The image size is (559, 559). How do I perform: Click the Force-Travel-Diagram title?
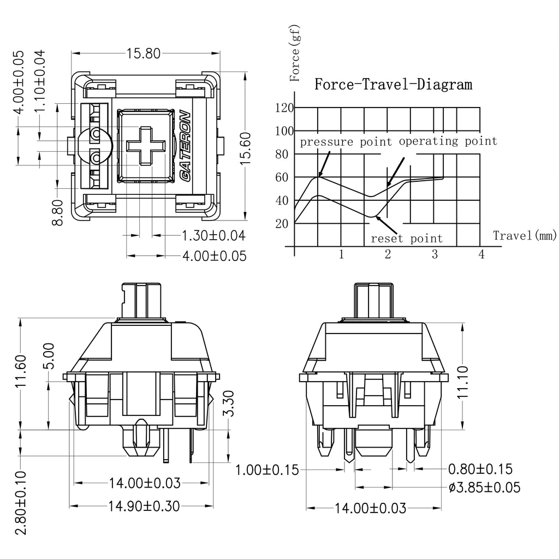click(x=393, y=85)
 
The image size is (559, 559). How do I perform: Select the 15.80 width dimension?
click(x=144, y=53)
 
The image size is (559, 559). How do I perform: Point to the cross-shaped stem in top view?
click(x=146, y=145)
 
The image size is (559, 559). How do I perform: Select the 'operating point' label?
click(x=448, y=141)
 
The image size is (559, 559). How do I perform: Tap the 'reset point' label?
click(x=407, y=238)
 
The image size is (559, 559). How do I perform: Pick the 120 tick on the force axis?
click(x=284, y=108)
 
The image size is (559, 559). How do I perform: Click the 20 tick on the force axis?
click(x=282, y=223)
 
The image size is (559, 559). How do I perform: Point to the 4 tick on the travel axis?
click(x=481, y=254)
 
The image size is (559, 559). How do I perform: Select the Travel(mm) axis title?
click(x=525, y=235)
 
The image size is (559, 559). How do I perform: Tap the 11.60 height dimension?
click(x=21, y=371)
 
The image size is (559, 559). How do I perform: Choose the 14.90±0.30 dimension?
click(x=144, y=506)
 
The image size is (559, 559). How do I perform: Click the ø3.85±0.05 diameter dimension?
click(x=485, y=487)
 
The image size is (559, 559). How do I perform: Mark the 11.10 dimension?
click(x=462, y=382)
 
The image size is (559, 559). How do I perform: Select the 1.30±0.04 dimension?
click(x=213, y=236)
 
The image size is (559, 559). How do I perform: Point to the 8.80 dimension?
click(x=57, y=212)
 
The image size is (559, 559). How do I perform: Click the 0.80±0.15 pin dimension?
click(x=480, y=469)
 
